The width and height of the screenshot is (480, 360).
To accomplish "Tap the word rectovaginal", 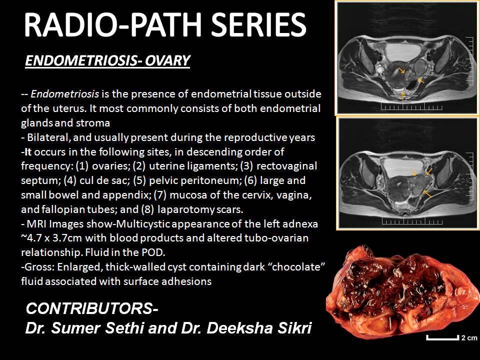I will [x=289, y=165].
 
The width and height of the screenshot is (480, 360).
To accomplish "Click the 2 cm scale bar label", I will [x=468, y=338].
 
